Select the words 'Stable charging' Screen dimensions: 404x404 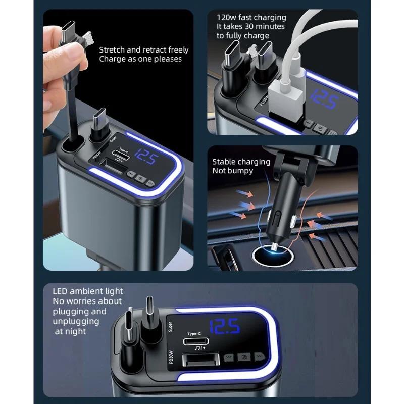coord(241,162)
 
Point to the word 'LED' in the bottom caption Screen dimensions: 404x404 coord(61,291)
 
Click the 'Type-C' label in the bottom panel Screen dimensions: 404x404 coord(194,334)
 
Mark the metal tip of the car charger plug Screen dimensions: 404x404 coord(273,246)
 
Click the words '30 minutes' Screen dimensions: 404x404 coord(265,26)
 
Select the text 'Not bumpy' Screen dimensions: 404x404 coord(232,171)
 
